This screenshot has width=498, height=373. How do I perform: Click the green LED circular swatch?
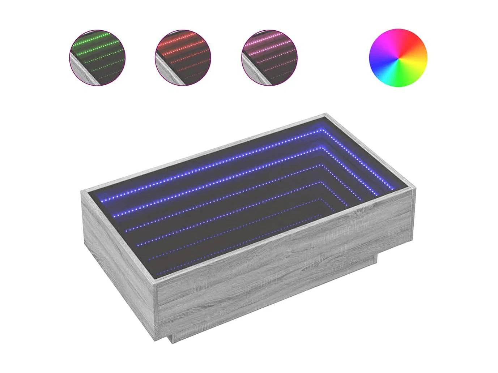tap(97, 57)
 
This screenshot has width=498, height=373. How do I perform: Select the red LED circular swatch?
tap(183, 57)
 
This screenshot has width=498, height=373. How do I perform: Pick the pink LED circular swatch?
tap(269, 57)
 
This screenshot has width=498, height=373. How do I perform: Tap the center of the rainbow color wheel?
tap(398, 58)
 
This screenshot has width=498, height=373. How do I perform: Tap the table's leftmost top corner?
tap(82, 192)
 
